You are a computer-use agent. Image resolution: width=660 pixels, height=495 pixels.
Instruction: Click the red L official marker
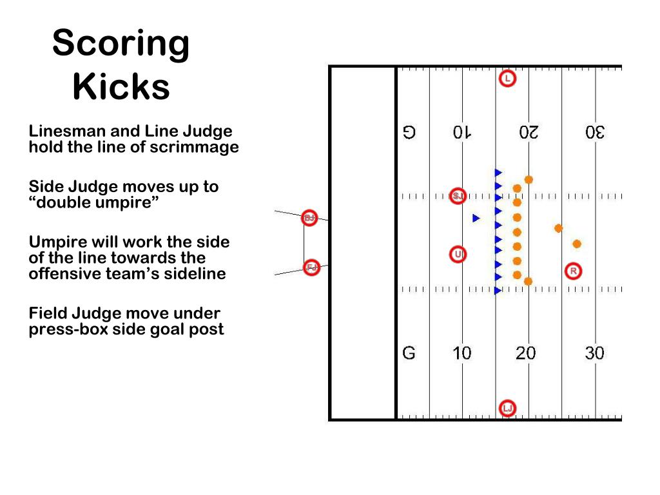coord(508,79)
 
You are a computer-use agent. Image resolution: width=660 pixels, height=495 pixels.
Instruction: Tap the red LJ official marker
coord(508,408)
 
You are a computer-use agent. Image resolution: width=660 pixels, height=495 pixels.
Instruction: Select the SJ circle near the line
coord(458,195)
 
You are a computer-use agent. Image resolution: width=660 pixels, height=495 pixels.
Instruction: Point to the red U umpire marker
coord(458,255)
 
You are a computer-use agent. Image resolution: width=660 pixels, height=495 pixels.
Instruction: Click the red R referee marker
coord(573,271)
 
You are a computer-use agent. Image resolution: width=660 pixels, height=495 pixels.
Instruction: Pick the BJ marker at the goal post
coord(309,218)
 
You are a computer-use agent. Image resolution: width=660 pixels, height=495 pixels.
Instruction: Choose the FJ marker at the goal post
coord(312,267)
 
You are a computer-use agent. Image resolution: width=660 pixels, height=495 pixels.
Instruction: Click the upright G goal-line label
coord(409,353)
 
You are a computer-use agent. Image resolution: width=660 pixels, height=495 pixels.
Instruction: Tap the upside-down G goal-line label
coord(409,133)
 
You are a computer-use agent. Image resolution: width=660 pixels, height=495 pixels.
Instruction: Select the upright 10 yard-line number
coord(461,353)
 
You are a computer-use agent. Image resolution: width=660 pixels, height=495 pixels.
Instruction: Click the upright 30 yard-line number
coord(594,353)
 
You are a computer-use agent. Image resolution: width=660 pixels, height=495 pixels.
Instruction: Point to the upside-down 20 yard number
coord(529,133)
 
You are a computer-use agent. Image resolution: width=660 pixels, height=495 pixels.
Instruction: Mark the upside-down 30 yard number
coord(595,133)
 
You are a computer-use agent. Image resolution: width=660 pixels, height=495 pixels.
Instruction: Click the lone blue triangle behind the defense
coord(476,218)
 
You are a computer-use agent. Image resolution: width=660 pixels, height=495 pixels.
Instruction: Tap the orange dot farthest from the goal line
coord(577,244)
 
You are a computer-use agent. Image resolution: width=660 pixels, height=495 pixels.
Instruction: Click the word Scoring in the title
coord(121,44)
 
